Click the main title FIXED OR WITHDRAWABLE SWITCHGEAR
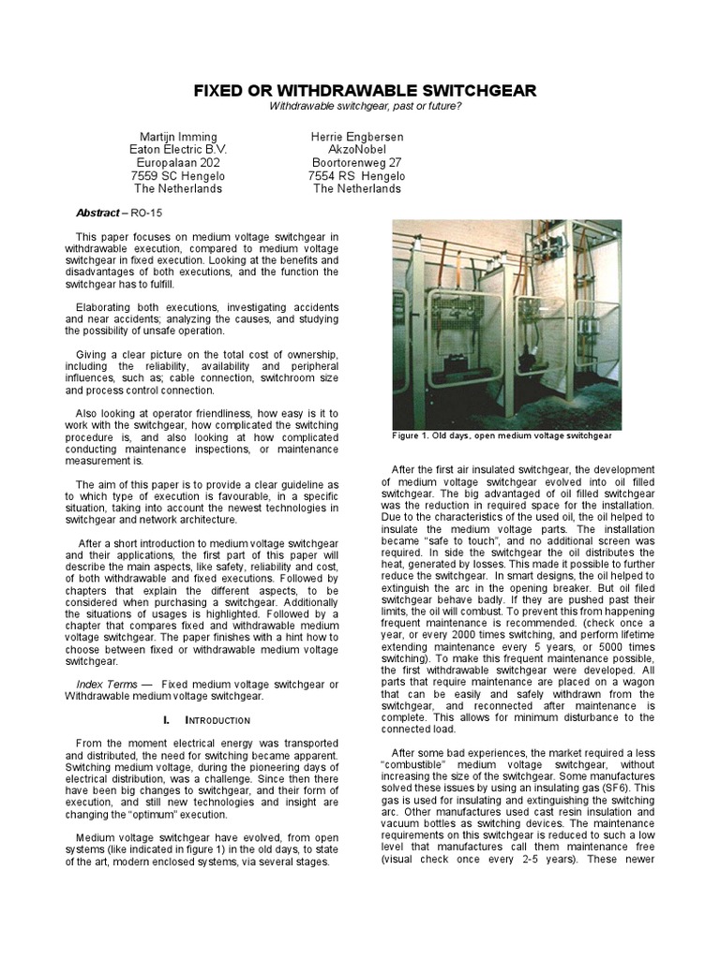[x=365, y=91]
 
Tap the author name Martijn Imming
[x=177, y=137]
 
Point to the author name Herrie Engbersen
[x=356, y=137]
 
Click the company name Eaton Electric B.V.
[x=177, y=150]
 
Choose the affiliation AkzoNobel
[x=356, y=150]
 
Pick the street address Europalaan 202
[x=177, y=163]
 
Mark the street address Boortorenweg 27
[x=356, y=163]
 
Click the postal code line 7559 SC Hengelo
[x=177, y=176]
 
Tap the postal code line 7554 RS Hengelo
[x=357, y=176]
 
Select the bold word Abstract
[x=97, y=213]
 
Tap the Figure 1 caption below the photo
[x=502, y=435]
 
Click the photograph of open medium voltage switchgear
[x=506, y=323]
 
